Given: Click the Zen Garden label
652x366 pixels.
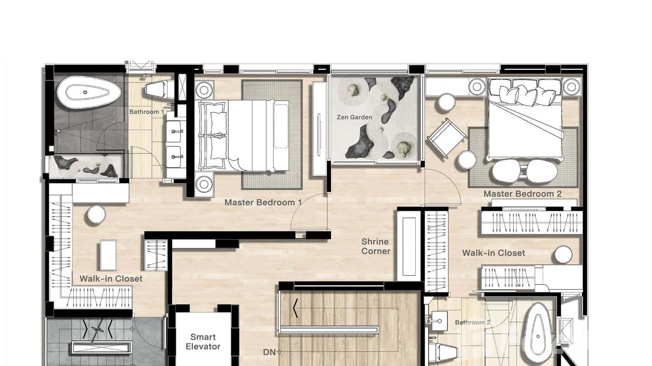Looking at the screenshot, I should pyautogui.click(x=354, y=117).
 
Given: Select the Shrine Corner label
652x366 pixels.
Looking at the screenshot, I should pyautogui.click(x=376, y=246).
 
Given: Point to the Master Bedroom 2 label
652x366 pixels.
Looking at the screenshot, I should pyautogui.click(x=522, y=194).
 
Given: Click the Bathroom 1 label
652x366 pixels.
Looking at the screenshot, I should pyautogui.click(x=146, y=112).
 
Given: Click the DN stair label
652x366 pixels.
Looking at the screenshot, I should pyautogui.click(x=269, y=352).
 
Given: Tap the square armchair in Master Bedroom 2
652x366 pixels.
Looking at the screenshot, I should pyautogui.click(x=447, y=138).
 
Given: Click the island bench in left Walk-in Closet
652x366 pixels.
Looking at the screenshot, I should pyautogui.click(x=108, y=255).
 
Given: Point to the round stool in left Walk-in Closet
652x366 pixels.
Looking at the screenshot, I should pyautogui.click(x=96, y=215).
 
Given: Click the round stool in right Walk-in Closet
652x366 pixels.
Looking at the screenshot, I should pyautogui.click(x=563, y=254).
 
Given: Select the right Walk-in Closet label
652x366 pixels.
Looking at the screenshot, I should pyautogui.click(x=493, y=253).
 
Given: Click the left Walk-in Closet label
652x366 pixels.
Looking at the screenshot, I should pyautogui.click(x=111, y=279).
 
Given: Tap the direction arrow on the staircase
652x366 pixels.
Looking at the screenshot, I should pyautogui.click(x=295, y=308).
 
